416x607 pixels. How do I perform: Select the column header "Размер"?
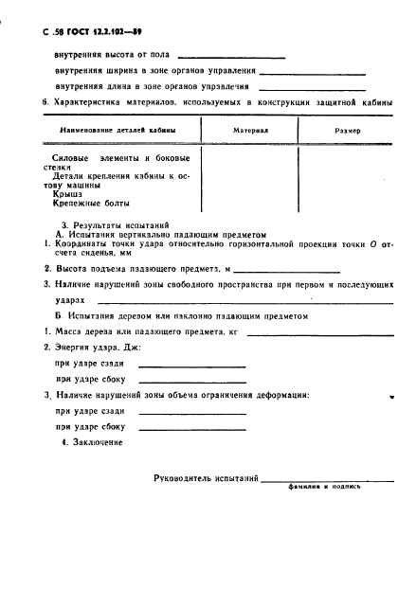[346, 131]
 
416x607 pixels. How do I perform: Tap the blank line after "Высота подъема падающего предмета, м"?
[288, 272]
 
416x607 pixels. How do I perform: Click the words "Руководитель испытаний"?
[207, 479]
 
